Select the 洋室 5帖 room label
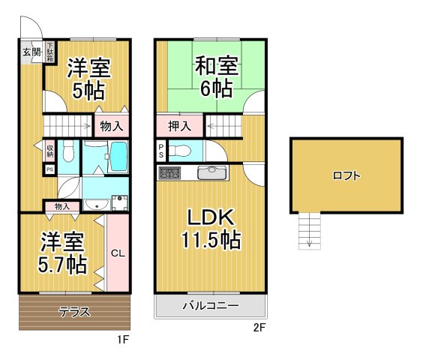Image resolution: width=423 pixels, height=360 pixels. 89,79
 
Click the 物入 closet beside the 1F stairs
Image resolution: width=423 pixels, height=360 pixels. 112,126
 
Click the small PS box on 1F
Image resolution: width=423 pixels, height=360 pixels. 49,169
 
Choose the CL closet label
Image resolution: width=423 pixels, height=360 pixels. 117,253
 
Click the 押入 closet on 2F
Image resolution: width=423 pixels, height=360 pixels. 179,126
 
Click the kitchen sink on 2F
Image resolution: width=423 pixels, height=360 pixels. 211,173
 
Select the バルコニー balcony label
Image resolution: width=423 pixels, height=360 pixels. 211,306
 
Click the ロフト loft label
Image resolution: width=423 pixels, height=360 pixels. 346,176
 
